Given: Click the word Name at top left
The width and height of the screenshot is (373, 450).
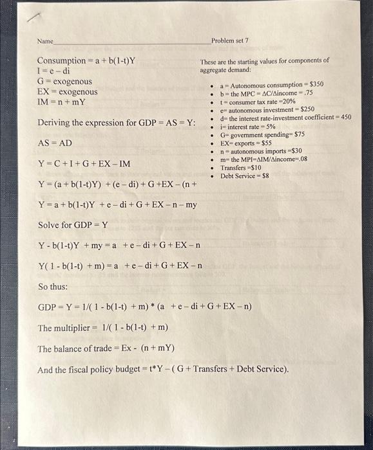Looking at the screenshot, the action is [45, 40].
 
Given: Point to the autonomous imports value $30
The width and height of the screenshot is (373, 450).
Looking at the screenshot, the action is [293, 151].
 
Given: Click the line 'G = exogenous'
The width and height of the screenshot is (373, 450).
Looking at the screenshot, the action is [64, 82].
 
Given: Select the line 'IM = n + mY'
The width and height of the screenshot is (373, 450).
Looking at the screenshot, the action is [62, 102].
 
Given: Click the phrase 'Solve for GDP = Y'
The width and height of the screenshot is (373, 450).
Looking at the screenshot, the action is [73, 225].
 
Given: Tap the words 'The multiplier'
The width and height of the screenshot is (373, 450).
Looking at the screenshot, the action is [62, 328].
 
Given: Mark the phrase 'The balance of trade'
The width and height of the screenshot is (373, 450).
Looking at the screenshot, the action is [76, 349].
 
